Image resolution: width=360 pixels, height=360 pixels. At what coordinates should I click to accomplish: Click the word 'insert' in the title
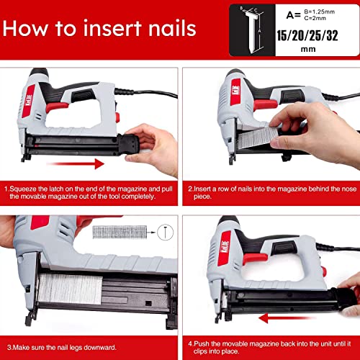tap(112, 29)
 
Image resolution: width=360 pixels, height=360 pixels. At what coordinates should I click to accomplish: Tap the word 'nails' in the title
tap(172, 28)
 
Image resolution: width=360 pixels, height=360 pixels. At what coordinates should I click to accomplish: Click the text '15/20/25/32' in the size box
tap(307, 36)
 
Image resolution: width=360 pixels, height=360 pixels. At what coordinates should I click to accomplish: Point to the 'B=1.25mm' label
tap(320, 12)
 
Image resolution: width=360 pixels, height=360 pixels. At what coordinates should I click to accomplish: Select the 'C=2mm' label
tap(315, 18)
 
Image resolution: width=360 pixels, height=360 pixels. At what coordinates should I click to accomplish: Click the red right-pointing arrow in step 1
tap(76, 163)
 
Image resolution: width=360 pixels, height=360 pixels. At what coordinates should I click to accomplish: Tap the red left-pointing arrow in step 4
tap(286, 319)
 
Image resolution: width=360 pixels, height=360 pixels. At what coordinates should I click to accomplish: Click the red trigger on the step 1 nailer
tap(57, 107)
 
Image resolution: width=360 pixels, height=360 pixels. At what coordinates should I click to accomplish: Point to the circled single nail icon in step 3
tap(165, 232)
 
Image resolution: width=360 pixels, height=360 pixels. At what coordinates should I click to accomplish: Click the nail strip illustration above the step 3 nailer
tap(120, 232)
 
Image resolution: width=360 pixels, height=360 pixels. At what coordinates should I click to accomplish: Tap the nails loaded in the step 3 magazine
tap(70, 289)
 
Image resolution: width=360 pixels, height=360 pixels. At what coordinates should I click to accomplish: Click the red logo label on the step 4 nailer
tap(224, 248)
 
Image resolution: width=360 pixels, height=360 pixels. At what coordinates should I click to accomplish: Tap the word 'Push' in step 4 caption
tap(202, 343)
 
